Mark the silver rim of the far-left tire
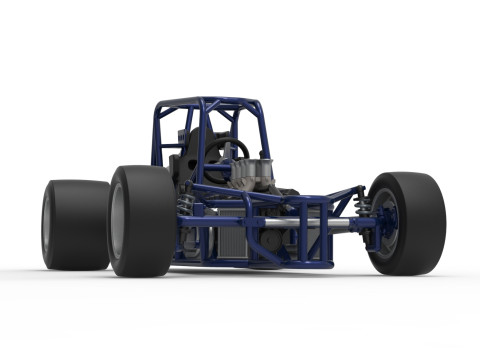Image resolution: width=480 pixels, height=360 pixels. pos(47,224)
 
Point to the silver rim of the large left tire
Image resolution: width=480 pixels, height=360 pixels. pos(119,221)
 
